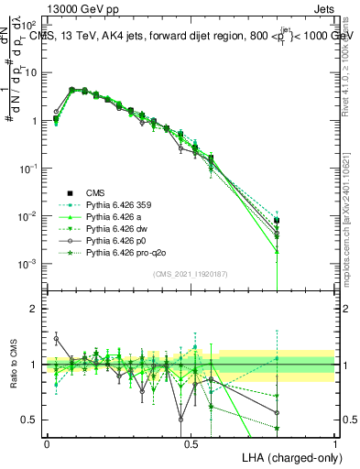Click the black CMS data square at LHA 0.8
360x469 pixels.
pyautogui.click(x=277, y=220)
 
